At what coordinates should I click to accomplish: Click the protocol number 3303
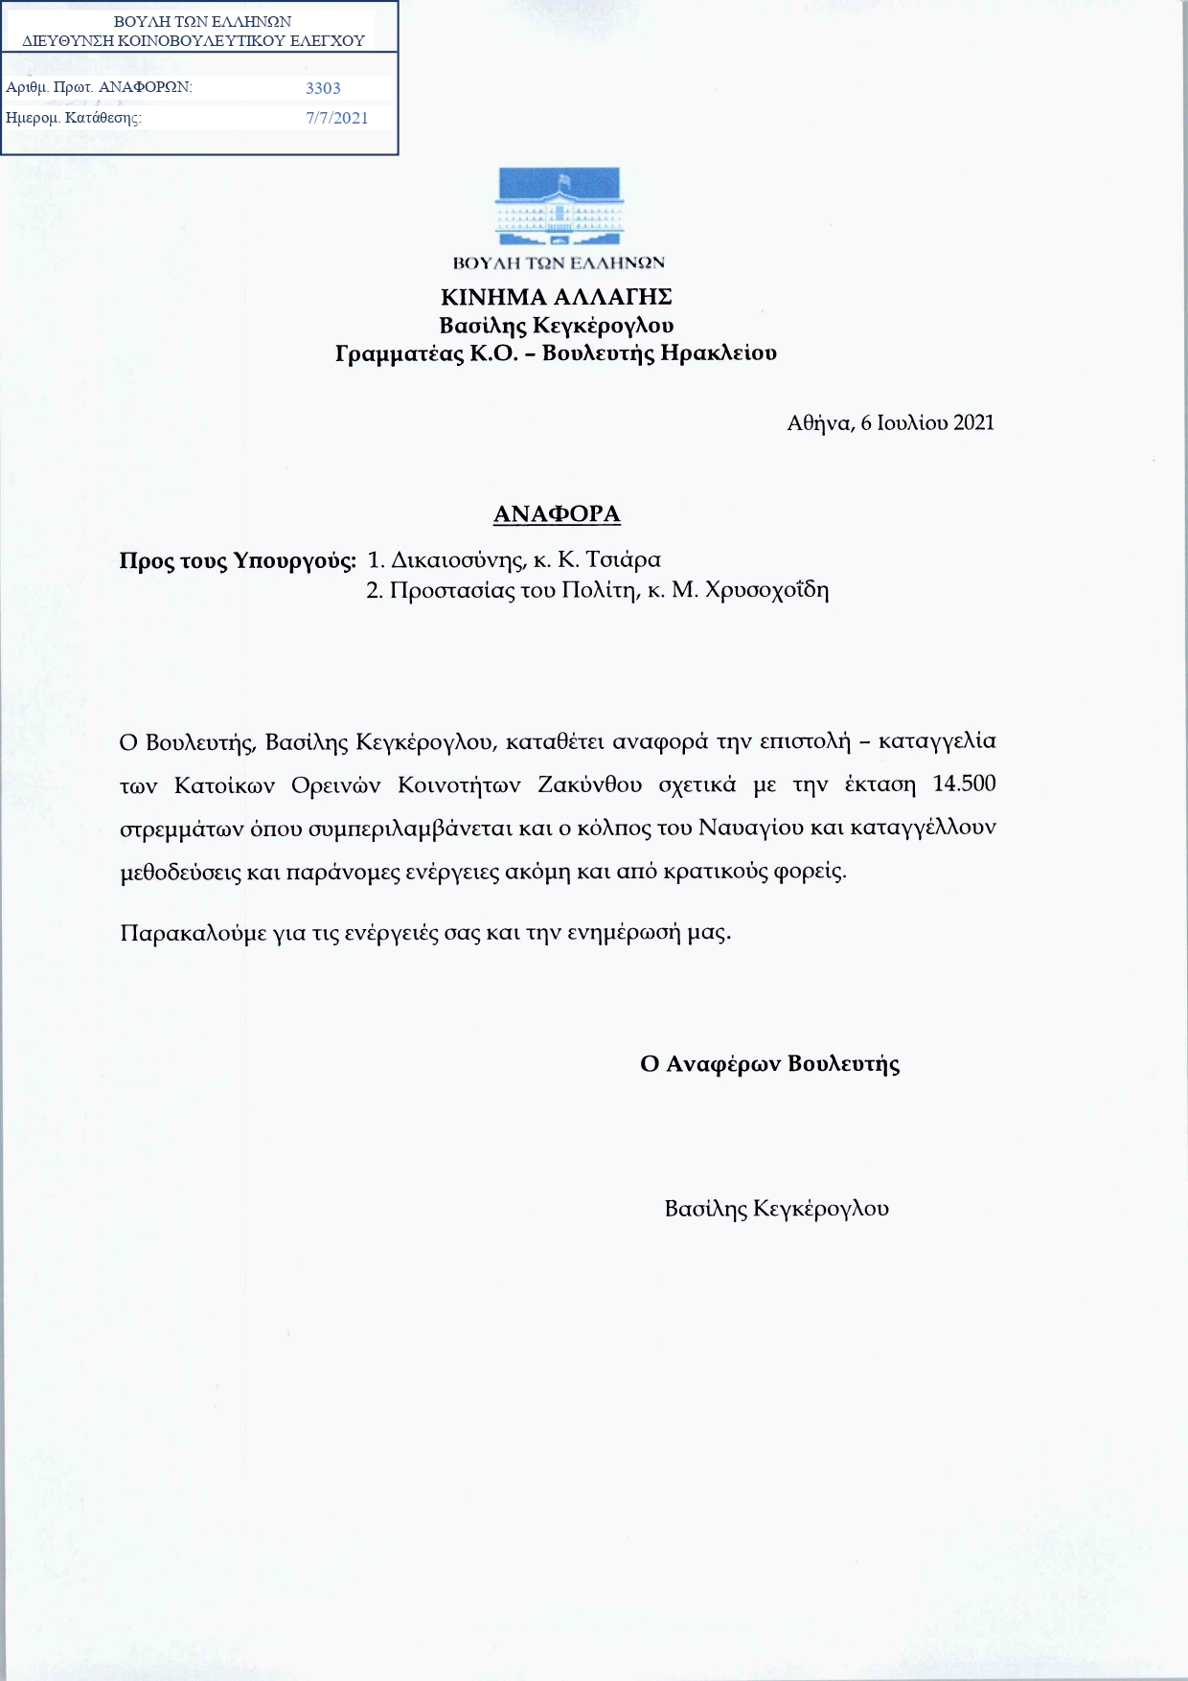[x=323, y=88]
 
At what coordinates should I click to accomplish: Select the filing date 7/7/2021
[x=336, y=118]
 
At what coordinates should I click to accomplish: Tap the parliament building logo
[x=559, y=208]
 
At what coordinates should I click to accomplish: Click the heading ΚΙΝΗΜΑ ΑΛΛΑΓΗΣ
[x=556, y=296]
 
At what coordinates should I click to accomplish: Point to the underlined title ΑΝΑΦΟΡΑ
[x=557, y=514]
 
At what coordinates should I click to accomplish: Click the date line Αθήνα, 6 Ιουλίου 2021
[x=890, y=422]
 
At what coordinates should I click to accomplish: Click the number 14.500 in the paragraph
[x=964, y=784]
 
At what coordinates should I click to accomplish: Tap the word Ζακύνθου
[x=589, y=785]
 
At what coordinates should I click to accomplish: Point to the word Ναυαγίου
[x=751, y=827]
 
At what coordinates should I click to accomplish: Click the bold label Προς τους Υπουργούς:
[x=238, y=560]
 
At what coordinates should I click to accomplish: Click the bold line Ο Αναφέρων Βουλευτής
[x=769, y=1064]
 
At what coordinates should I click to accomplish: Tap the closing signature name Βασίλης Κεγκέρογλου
[x=776, y=1209]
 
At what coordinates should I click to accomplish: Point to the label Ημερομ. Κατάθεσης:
[x=74, y=119]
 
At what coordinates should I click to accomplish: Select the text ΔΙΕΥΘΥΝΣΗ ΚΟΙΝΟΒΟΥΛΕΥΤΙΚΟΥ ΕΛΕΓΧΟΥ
[x=194, y=41]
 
